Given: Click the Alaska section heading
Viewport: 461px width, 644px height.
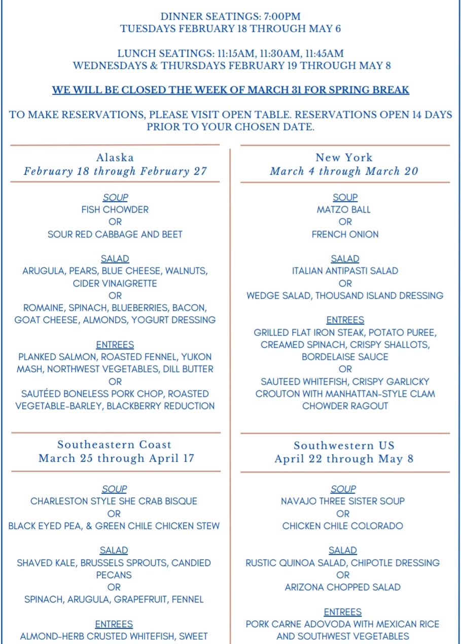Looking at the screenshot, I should point(115,157).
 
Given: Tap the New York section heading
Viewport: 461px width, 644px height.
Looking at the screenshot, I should point(344,157).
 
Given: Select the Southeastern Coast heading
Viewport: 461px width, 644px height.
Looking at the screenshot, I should point(115,445).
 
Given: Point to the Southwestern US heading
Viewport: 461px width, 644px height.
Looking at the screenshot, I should point(344,446).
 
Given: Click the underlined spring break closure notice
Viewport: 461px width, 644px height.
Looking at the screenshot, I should point(230,91).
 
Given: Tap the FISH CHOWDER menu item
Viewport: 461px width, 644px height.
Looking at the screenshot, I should point(115,210).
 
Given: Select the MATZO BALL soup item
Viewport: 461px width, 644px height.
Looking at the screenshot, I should point(344,210).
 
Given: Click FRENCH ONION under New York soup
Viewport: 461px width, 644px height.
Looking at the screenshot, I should point(345,234).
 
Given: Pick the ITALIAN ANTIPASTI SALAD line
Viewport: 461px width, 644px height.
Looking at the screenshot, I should point(345,271).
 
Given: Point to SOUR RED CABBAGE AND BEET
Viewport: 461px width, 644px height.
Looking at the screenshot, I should point(115,234).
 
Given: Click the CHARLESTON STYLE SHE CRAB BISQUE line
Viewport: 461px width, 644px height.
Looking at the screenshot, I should point(114,501).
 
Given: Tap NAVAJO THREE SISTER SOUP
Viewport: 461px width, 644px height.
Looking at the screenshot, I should point(343,501).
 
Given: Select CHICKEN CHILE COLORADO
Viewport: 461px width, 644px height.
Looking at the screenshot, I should point(343,526).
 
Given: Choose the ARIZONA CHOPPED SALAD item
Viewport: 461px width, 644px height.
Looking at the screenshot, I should point(343,587).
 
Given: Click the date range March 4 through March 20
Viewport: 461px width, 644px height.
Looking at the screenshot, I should point(344,171).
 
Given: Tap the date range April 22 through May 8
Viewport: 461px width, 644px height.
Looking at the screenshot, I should point(344,459).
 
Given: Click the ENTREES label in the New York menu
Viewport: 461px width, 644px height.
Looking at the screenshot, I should point(345,320).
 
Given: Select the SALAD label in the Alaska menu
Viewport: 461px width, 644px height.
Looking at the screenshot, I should point(115,259).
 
